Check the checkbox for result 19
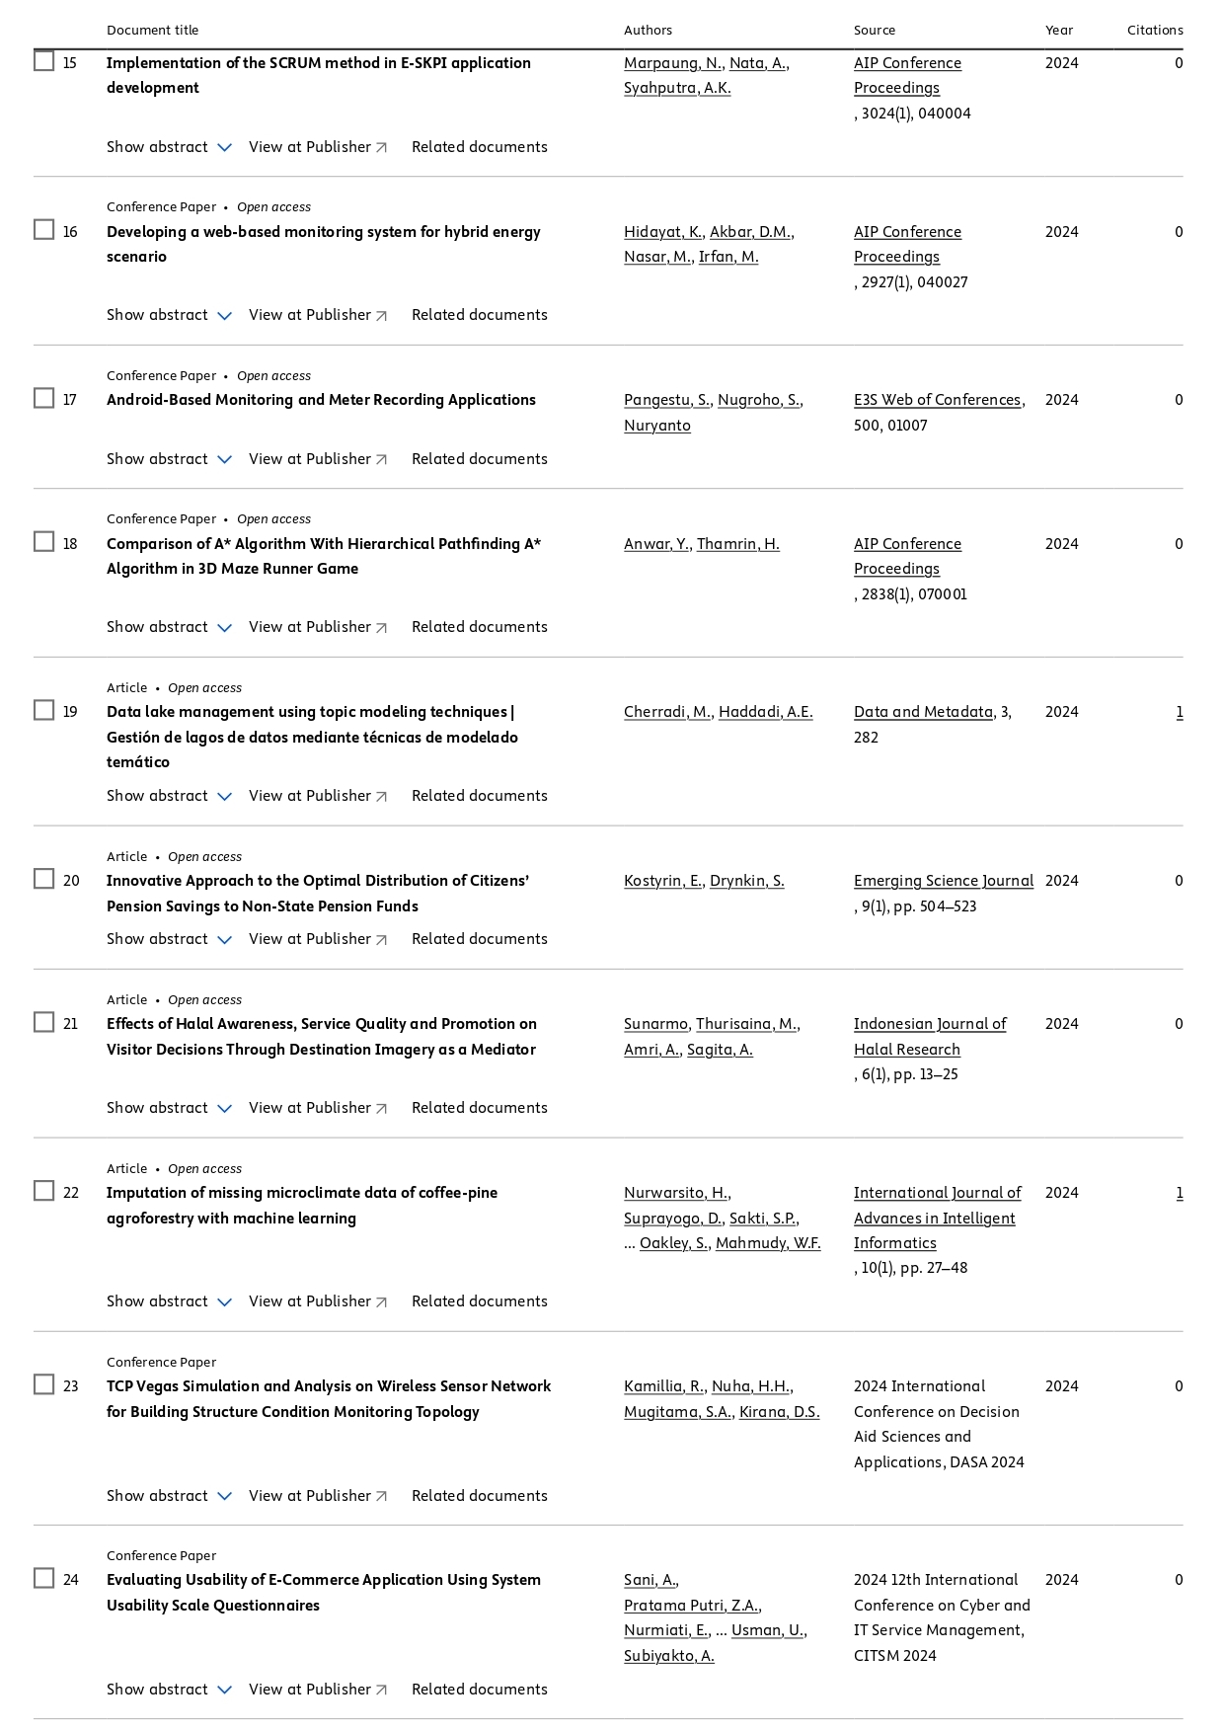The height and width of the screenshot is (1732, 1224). click(43, 710)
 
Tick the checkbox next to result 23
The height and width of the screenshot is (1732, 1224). click(43, 1384)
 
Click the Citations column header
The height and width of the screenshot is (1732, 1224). click(1154, 30)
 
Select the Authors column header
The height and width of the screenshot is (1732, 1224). click(648, 30)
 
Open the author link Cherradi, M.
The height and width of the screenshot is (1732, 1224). click(667, 712)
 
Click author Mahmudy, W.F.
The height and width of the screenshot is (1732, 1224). click(768, 1243)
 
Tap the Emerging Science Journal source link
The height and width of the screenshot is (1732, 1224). click(943, 881)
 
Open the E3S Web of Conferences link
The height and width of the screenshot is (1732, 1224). click(937, 400)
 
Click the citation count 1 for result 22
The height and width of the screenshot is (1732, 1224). click(1179, 1193)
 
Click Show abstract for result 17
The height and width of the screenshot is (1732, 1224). click(169, 459)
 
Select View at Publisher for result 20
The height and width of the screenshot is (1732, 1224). click(317, 939)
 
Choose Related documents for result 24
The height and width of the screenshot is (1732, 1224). click(479, 1690)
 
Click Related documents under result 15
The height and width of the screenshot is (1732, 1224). click(479, 147)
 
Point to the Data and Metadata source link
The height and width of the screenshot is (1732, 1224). click(923, 712)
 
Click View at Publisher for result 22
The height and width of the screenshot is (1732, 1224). click(317, 1301)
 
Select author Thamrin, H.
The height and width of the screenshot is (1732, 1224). click(737, 544)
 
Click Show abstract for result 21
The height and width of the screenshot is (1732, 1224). click(169, 1108)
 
